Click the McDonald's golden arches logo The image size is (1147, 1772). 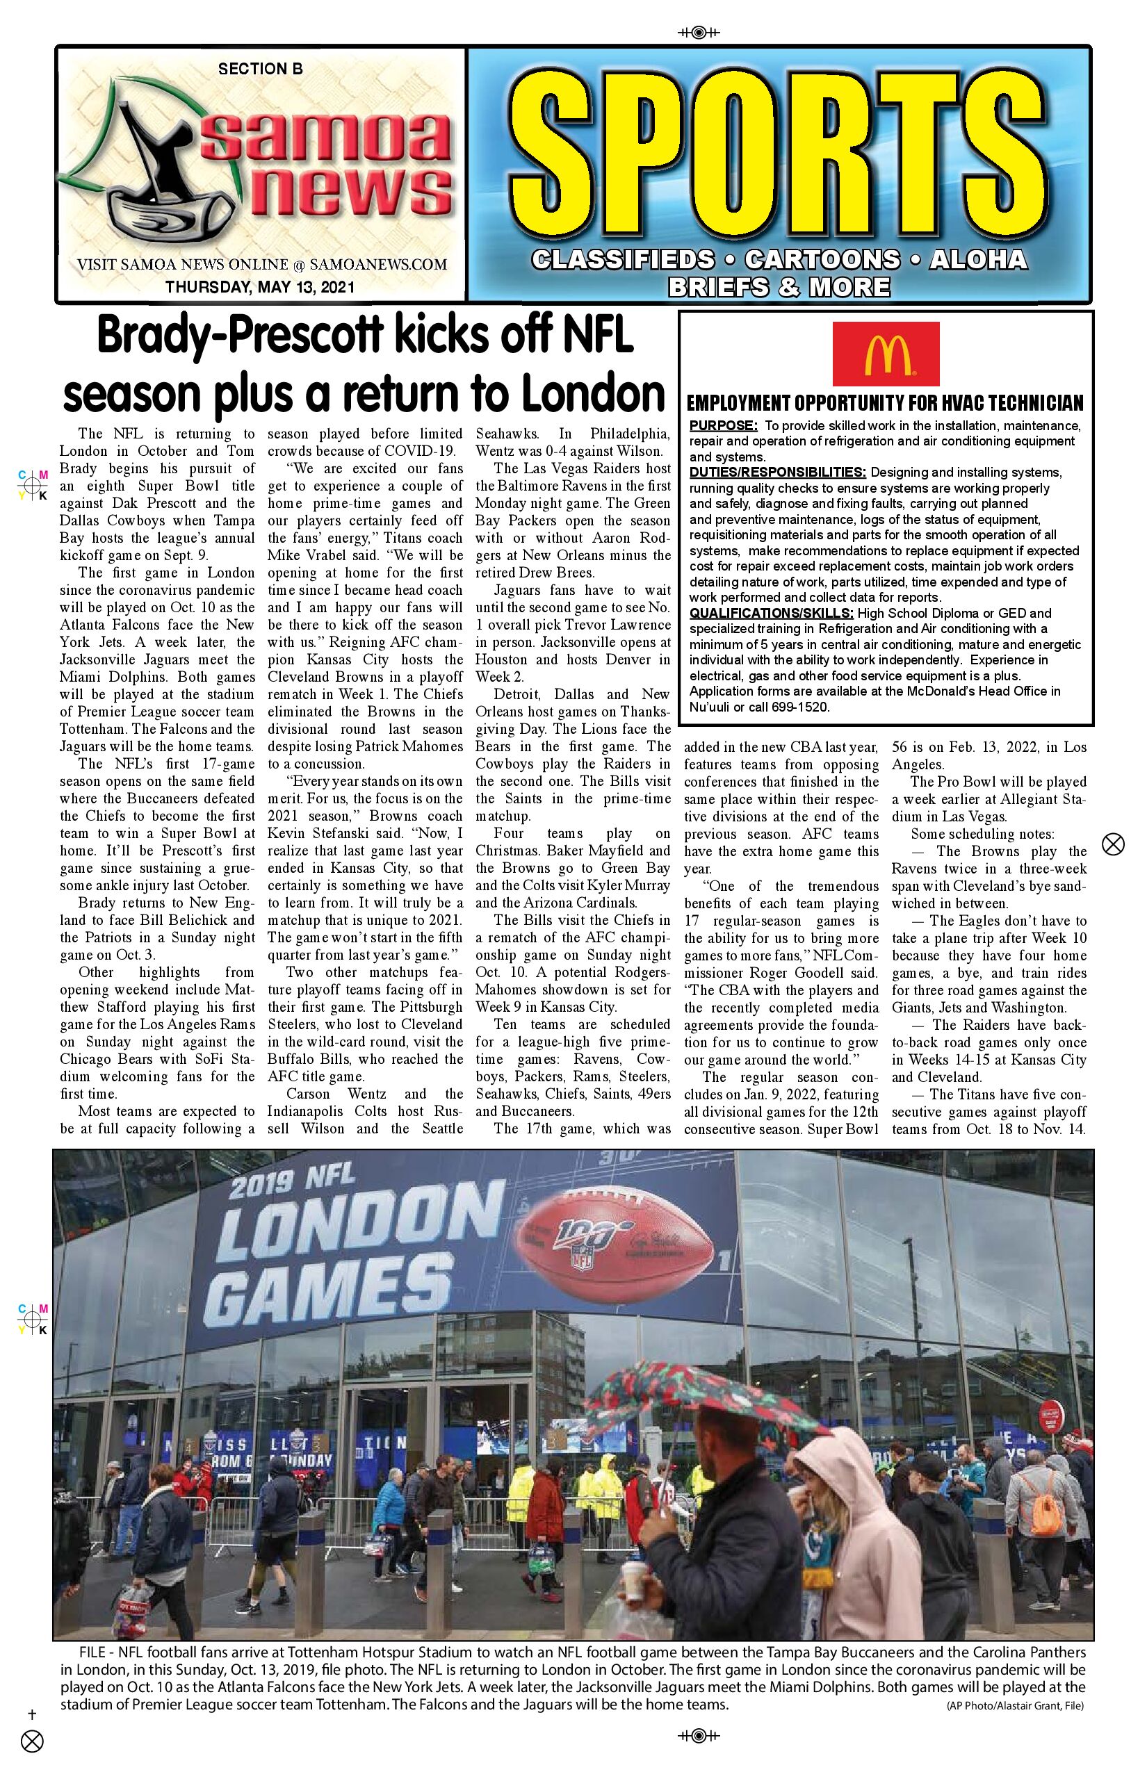pos(886,354)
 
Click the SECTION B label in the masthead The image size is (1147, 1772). pos(260,69)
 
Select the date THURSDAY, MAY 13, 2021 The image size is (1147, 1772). pos(260,286)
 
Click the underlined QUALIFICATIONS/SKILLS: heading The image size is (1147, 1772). pos(772,613)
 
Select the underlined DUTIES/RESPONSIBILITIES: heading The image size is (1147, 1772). pos(778,472)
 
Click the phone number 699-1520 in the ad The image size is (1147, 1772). pos(802,707)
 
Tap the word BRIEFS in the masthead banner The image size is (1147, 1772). pos(719,286)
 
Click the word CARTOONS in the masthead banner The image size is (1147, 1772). pos(822,259)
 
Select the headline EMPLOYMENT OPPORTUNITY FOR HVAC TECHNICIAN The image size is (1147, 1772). pos(885,404)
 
